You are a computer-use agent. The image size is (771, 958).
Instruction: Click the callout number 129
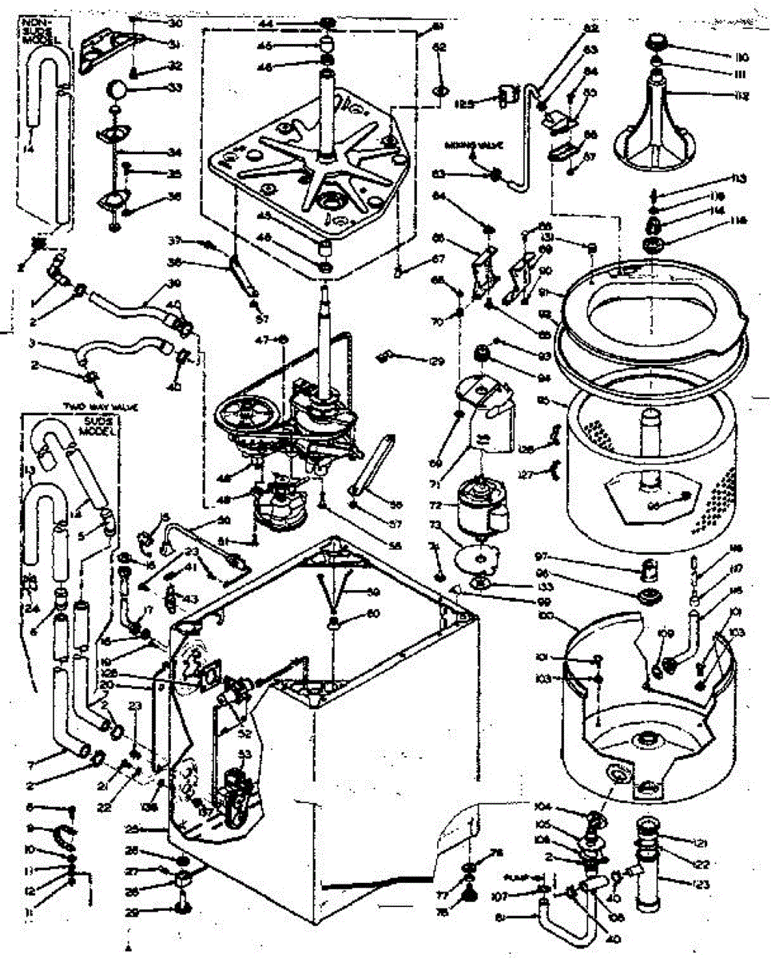pos(435,362)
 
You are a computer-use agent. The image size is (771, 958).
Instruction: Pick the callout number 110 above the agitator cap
pos(741,58)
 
